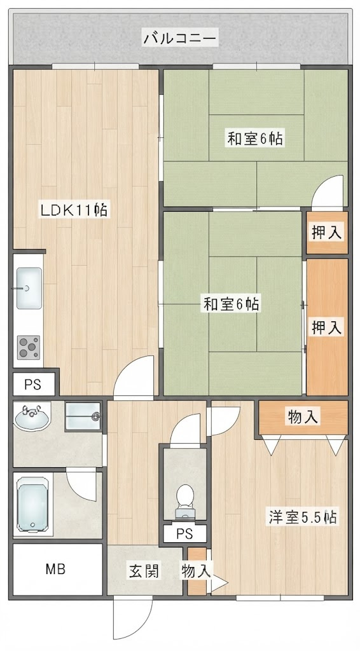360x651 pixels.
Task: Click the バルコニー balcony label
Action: [x=180, y=39]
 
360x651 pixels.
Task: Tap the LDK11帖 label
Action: [x=74, y=210]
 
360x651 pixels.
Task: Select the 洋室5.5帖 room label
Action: [x=302, y=517]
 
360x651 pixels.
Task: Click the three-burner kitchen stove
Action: [x=29, y=347]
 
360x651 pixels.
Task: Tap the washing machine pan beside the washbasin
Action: [x=83, y=416]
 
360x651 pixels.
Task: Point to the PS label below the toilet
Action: [x=184, y=534]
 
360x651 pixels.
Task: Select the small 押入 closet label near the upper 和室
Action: [x=327, y=233]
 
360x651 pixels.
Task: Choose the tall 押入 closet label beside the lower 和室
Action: [x=327, y=327]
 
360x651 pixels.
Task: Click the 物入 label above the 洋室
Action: [x=303, y=417]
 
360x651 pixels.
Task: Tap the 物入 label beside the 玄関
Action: [x=196, y=572]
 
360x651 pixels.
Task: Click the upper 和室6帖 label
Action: [x=255, y=138]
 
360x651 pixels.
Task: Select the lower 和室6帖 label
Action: [x=232, y=304]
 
